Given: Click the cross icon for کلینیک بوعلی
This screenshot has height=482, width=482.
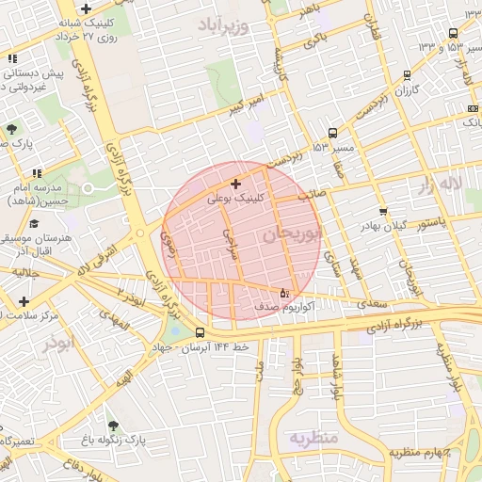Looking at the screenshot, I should pos(235,183).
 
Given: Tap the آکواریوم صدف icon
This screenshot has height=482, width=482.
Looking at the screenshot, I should pos(285,292).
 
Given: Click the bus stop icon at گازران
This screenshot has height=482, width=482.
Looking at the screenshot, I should pos(407,74).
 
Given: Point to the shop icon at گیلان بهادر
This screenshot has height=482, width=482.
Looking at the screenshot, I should pos(382,211).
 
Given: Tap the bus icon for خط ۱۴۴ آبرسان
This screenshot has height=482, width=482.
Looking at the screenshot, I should pos(200,332).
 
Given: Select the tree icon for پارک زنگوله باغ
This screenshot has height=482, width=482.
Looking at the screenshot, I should pos(113,426).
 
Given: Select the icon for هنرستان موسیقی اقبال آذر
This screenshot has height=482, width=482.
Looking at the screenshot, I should pos(35,223).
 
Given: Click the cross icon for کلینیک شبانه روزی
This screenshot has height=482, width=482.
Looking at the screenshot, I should pos(87,8).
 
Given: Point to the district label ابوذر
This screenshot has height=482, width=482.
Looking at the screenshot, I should pos(56,344).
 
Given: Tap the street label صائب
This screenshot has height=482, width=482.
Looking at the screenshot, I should pos(312,197).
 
